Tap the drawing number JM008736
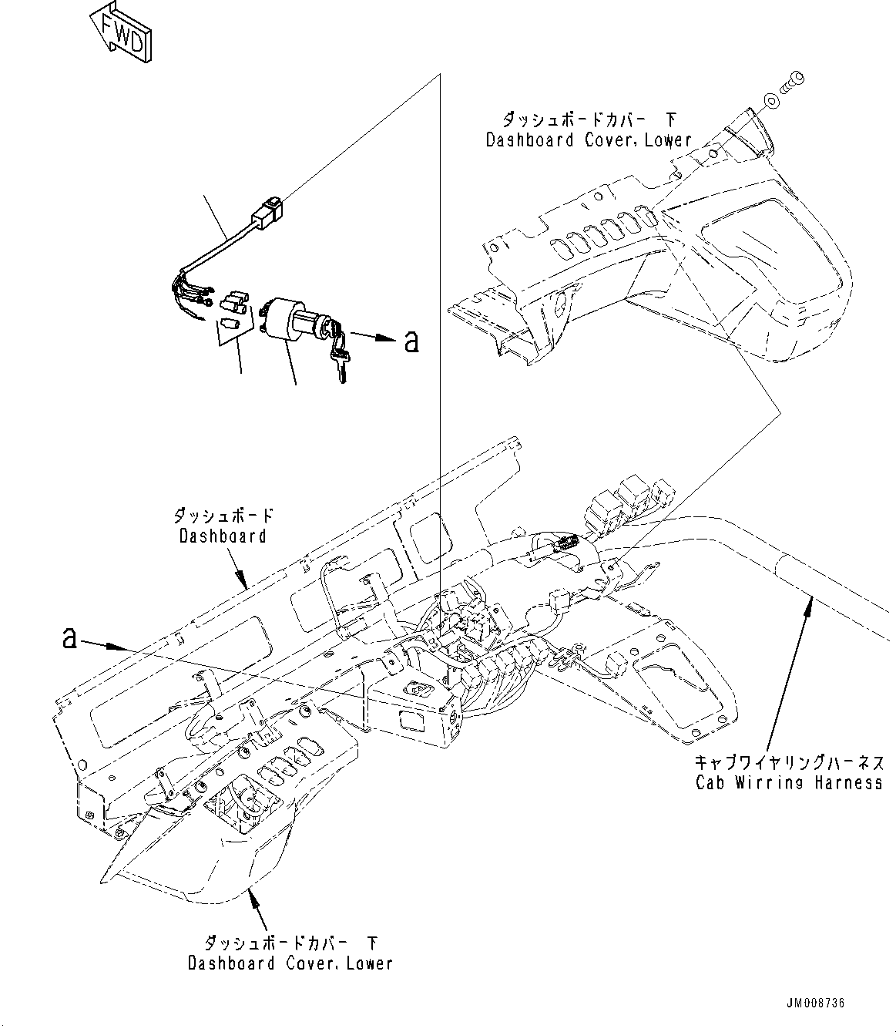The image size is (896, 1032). (815, 1003)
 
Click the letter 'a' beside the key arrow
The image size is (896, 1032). (412, 341)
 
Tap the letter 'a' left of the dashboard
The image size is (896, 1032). (70, 637)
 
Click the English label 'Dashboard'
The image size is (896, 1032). (223, 536)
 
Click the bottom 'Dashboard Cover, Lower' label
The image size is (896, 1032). (290, 963)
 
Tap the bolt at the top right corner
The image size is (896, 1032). (794, 80)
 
